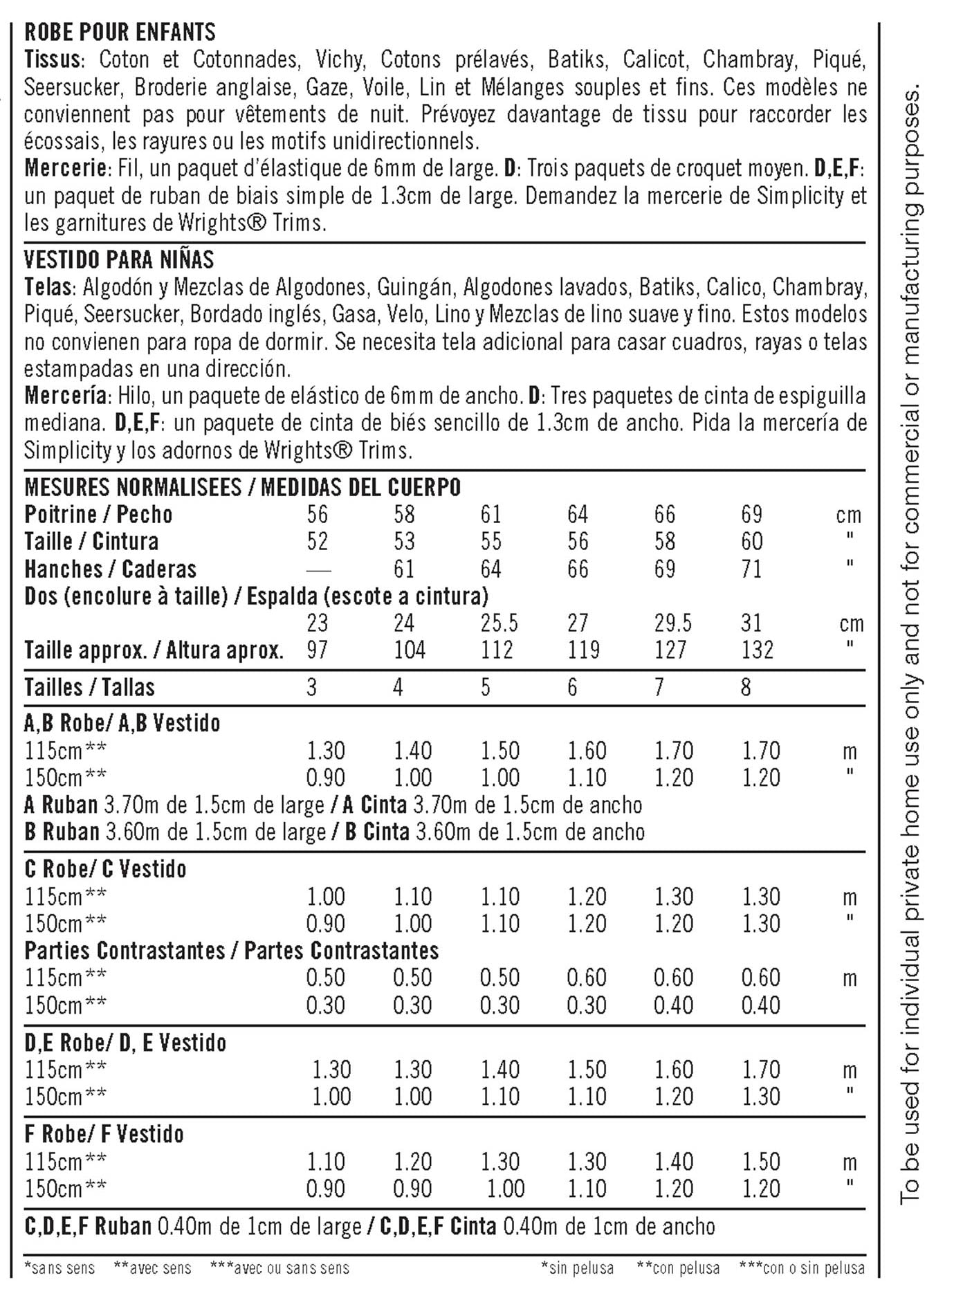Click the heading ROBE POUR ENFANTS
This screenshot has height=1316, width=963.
coord(120,32)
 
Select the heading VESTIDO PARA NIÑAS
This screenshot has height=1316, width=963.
coord(119,259)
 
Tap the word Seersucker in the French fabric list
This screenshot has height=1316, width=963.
coord(73,87)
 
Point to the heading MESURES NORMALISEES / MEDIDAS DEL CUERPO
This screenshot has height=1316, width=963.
coord(242,487)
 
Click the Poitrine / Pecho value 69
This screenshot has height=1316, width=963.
coord(751,515)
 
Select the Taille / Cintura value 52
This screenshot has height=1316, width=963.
coord(318,542)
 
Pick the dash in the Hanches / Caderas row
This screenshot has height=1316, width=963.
coord(318,570)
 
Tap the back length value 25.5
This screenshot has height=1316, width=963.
coord(499,623)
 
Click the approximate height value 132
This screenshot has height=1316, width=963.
coord(757,650)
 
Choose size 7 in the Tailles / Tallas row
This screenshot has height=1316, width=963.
coord(659,688)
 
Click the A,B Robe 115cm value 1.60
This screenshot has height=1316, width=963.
coord(587,751)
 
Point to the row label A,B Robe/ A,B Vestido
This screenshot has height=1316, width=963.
coord(122,724)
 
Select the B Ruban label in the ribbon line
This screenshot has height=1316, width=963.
coord(62,832)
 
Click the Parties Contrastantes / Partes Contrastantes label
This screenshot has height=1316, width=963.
coord(231,951)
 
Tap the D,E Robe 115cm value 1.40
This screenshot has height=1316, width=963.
coord(499,1070)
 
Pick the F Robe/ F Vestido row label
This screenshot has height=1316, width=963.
coord(104,1135)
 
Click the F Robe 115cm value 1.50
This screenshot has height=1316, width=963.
coord(761,1162)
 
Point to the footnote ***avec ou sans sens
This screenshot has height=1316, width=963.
coord(279,1268)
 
